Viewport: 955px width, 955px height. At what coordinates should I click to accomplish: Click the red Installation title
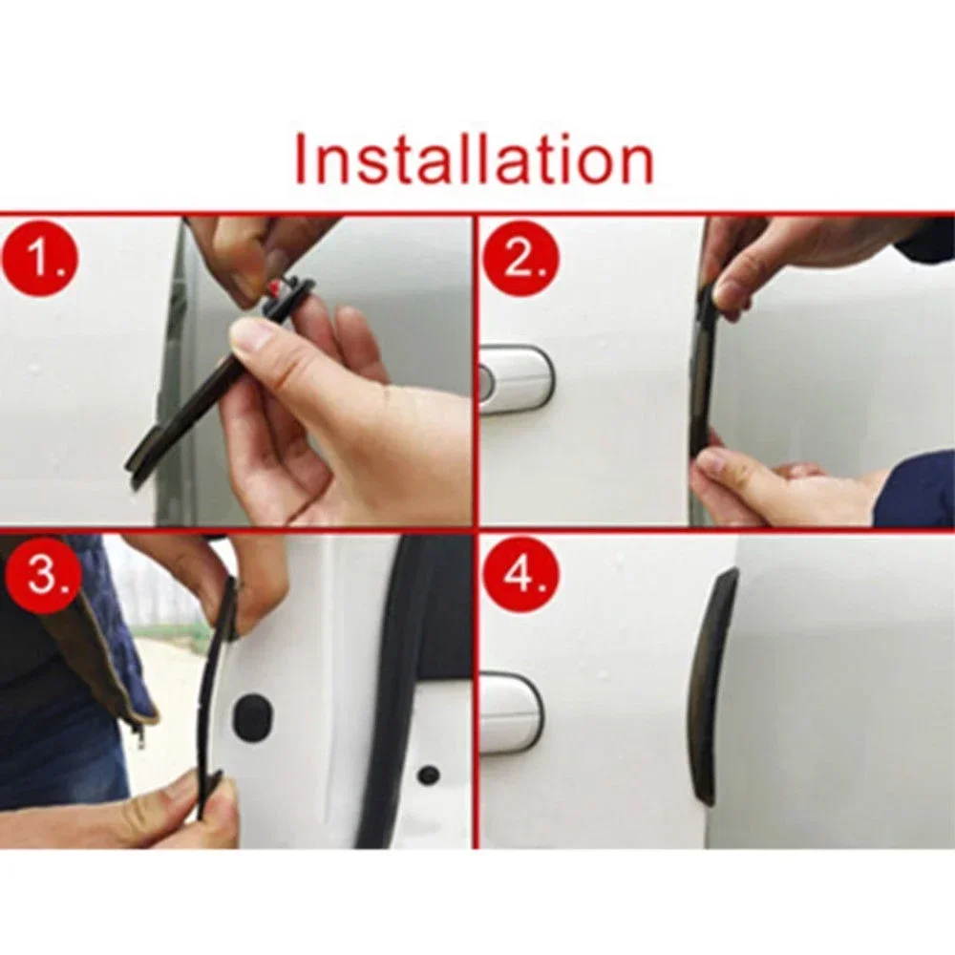click(x=474, y=159)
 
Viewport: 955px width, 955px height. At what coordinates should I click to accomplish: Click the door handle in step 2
click(x=516, y=377)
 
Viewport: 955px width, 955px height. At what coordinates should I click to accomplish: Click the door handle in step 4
click(x=511, y=711)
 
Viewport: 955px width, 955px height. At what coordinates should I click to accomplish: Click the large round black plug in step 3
click(x=252, y=711)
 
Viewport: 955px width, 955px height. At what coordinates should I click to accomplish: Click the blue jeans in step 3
click(x=57, y=754)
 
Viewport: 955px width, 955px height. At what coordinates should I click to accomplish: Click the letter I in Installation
click(x=302, y=159)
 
